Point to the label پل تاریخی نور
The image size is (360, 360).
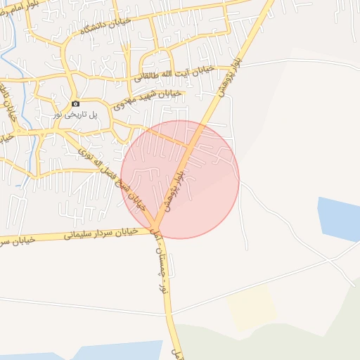coord(75,114)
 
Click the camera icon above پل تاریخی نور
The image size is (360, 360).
coord(76,104)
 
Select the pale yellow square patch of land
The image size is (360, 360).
coord(250,307)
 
